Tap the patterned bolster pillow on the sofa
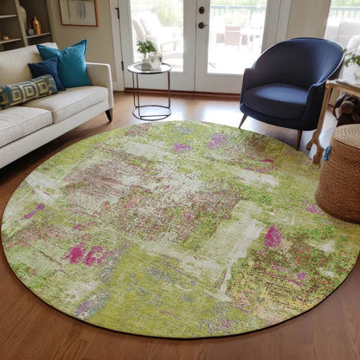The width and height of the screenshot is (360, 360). point(26,89)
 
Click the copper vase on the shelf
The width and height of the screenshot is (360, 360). point(36,26)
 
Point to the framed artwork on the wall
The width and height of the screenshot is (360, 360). point(79,11)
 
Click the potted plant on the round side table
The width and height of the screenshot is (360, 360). point(146,49)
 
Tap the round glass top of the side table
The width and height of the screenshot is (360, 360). point(149,68)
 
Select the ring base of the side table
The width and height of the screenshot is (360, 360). point(151,112)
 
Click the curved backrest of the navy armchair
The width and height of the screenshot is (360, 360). point(294,61)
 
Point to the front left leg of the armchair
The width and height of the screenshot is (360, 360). point(243,120)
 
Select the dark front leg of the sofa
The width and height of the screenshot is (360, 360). point(109,113)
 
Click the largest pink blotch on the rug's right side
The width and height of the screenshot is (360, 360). point(273,236)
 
